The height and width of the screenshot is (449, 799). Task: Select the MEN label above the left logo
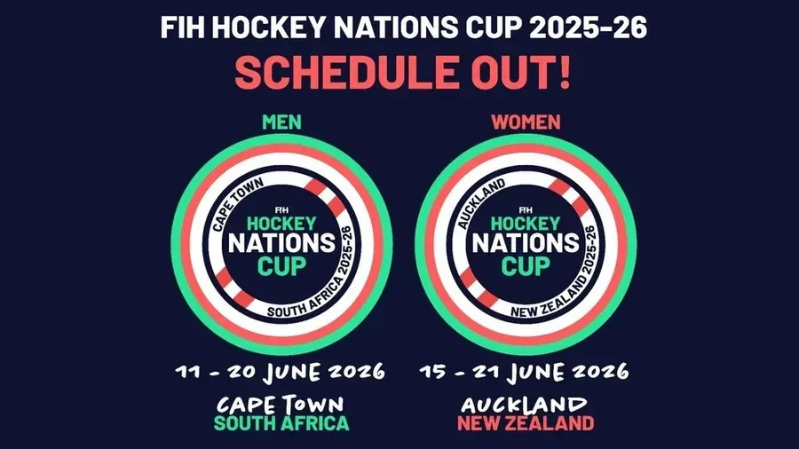[x=282, y=122]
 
